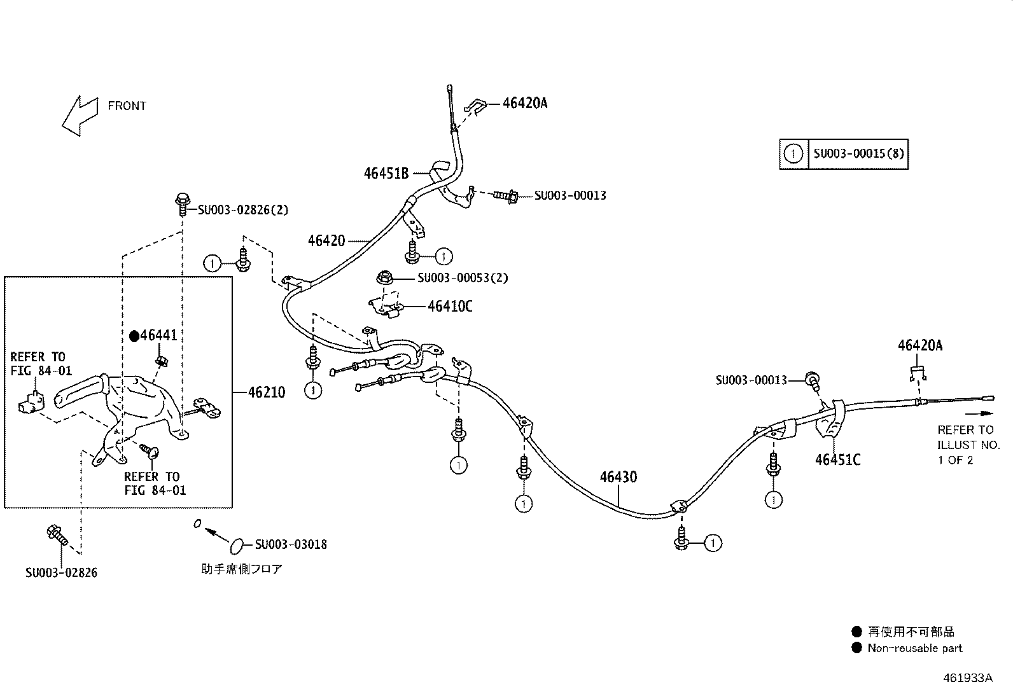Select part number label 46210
[267, 392]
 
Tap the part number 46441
[158, 335]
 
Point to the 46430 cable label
[618, 477]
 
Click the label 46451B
[386, 173]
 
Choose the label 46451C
[837, 460]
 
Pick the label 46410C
[450, 306]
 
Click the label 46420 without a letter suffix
[326, 240]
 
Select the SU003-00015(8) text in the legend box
[859, 154]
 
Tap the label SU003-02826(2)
[243, 210]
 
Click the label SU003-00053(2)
[463, 277]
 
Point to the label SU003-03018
[291, 544]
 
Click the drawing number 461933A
[968, 678]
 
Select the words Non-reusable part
[915, 648]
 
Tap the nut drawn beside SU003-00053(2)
[384, 277]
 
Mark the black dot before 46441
[134, 336]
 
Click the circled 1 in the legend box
[793, 154]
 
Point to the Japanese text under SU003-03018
[242, 569]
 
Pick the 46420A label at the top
[525, 103]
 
